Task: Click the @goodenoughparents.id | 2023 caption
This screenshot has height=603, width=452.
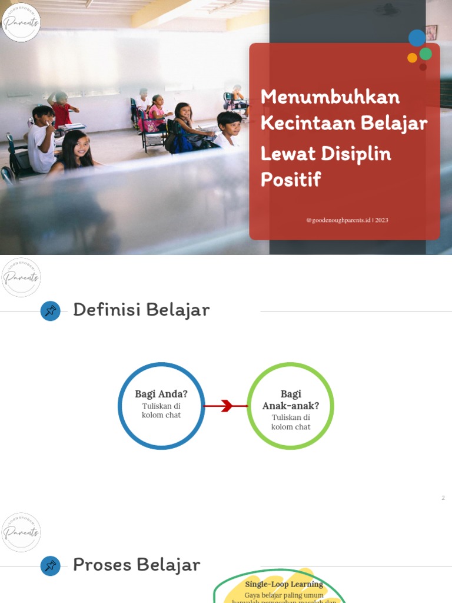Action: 347,220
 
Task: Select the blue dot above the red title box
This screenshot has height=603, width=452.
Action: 417,38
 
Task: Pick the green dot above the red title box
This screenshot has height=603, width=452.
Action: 426,54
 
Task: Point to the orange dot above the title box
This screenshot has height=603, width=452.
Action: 412,58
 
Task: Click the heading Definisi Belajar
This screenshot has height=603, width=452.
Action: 141,310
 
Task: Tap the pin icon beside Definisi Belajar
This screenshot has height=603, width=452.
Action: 51,311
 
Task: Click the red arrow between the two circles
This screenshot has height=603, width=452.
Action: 226,406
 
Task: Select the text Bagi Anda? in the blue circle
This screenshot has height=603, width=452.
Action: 161,394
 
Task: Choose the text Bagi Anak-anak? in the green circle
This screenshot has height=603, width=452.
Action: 291,400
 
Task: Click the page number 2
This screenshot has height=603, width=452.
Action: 443,498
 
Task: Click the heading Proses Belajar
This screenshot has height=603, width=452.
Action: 137,565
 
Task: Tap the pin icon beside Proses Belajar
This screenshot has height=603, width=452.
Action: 51,566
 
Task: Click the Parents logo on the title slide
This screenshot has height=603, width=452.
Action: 21,22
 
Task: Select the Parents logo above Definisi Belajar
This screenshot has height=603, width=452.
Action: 21,277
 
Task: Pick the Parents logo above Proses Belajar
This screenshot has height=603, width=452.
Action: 21,532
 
